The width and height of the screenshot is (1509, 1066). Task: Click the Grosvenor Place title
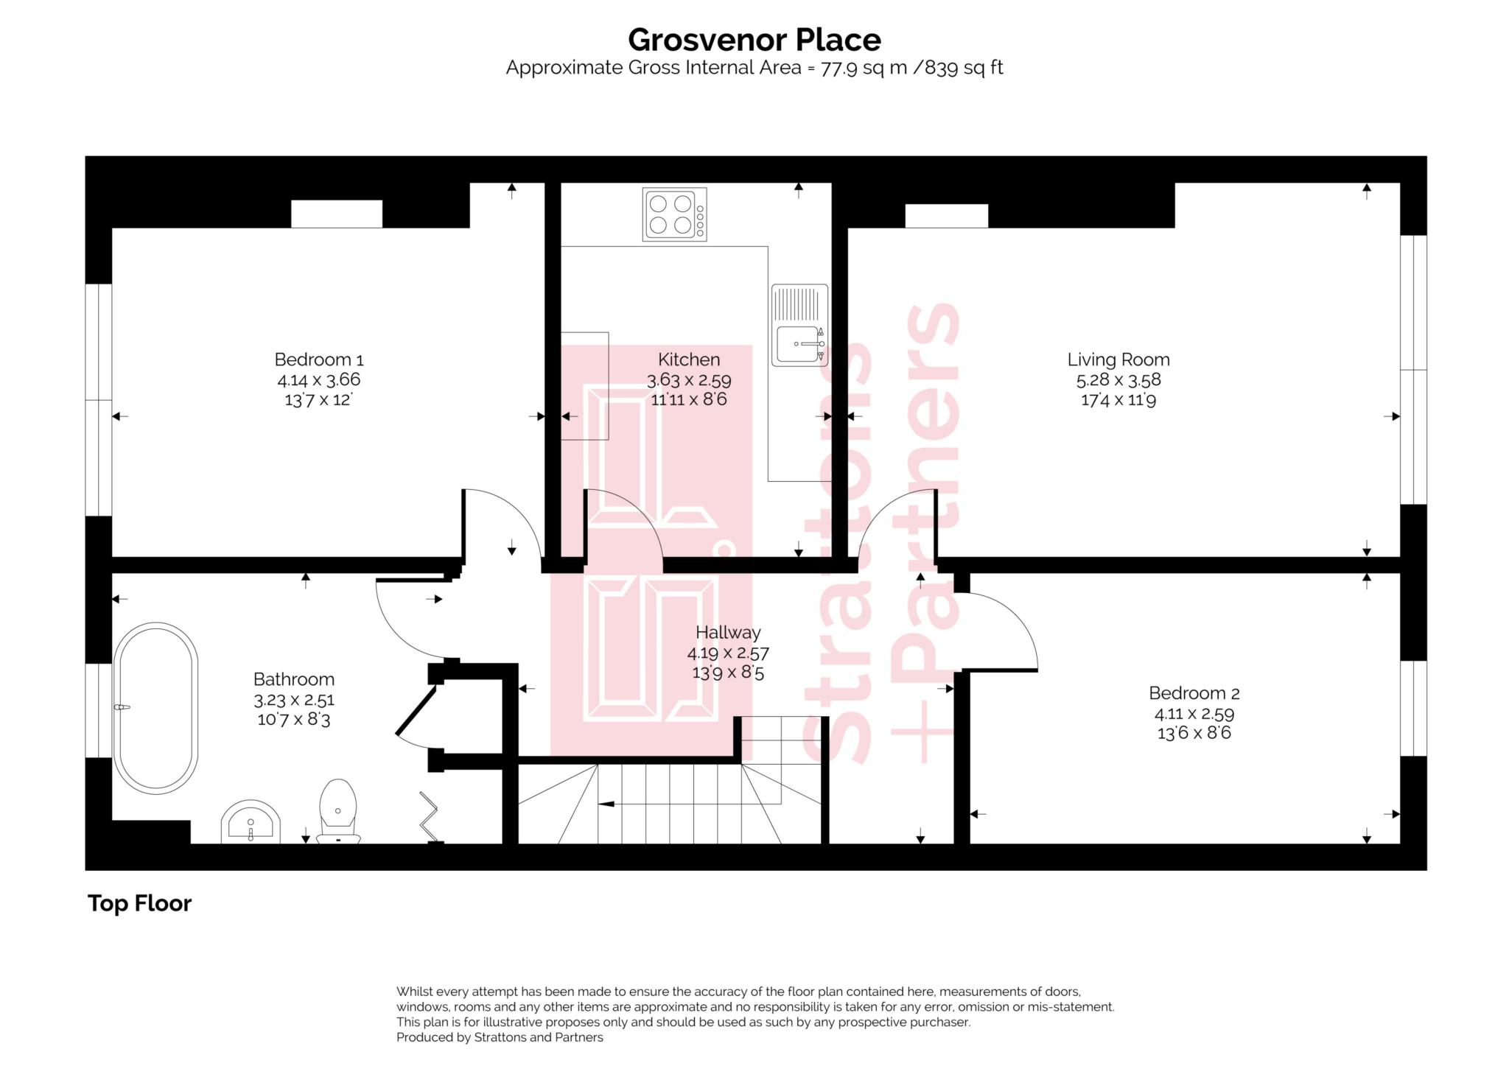coord(754,40)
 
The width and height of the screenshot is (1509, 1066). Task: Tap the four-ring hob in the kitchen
coord(674,214)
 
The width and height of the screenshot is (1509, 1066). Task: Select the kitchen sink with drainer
coord(799,325)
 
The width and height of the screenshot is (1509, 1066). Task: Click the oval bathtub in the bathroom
coord(155,707)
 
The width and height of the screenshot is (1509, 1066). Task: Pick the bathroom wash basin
coord(251,822)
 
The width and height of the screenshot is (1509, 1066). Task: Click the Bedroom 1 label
coord(318,360)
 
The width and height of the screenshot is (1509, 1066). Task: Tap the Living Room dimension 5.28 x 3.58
coord(1118,380)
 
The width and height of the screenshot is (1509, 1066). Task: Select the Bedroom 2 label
coord(1194,693)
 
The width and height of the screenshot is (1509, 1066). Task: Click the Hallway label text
coord(728,632)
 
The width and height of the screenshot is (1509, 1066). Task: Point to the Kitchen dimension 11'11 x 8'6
coord(688,400)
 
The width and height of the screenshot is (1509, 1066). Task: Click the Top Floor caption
coord(139,903)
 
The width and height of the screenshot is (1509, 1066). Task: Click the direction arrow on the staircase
coord(606,804)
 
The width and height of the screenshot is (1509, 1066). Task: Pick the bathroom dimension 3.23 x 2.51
coord(293,700)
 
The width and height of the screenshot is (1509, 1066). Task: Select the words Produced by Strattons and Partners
coord(500,1037)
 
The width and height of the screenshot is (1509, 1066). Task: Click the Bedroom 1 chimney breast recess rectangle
coord(337,214)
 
